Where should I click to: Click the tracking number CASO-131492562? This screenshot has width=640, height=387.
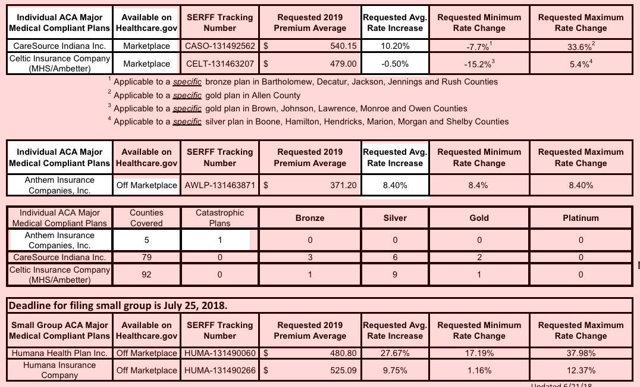[x=220, y=46]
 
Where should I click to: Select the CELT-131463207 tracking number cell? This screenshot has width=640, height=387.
[x=220, y=64]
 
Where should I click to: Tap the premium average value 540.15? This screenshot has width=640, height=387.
[x=343, y=46]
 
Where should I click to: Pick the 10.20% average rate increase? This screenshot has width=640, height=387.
[x=395, y=46]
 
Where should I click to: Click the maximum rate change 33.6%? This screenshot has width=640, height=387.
[x=581, y=46]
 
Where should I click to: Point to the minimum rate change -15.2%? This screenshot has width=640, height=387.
[x=479, y=64]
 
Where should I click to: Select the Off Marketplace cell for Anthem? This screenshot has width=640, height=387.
[x=146, y=185]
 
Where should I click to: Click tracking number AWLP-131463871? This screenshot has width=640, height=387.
[x=220, y=185]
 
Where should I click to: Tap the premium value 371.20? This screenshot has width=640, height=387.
[x=343, y=185]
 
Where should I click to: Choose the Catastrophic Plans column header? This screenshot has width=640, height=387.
[x=219, y=217]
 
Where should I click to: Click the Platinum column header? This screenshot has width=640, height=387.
[x=581, y=218]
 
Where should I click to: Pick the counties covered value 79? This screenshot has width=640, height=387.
[x=146, y=257]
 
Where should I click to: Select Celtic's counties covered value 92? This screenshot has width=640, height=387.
[x=146, y=274]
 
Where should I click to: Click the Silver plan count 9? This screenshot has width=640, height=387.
[x=395, y=274]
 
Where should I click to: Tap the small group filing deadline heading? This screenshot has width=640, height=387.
[x=117, y=305]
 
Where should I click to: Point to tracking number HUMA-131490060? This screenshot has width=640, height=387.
[x=220, y=353]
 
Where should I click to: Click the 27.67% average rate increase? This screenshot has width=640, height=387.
[x=395, y=353]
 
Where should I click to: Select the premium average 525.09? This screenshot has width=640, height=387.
[x=343, y=370]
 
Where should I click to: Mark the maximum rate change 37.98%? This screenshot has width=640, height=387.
[x=581, y=353]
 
